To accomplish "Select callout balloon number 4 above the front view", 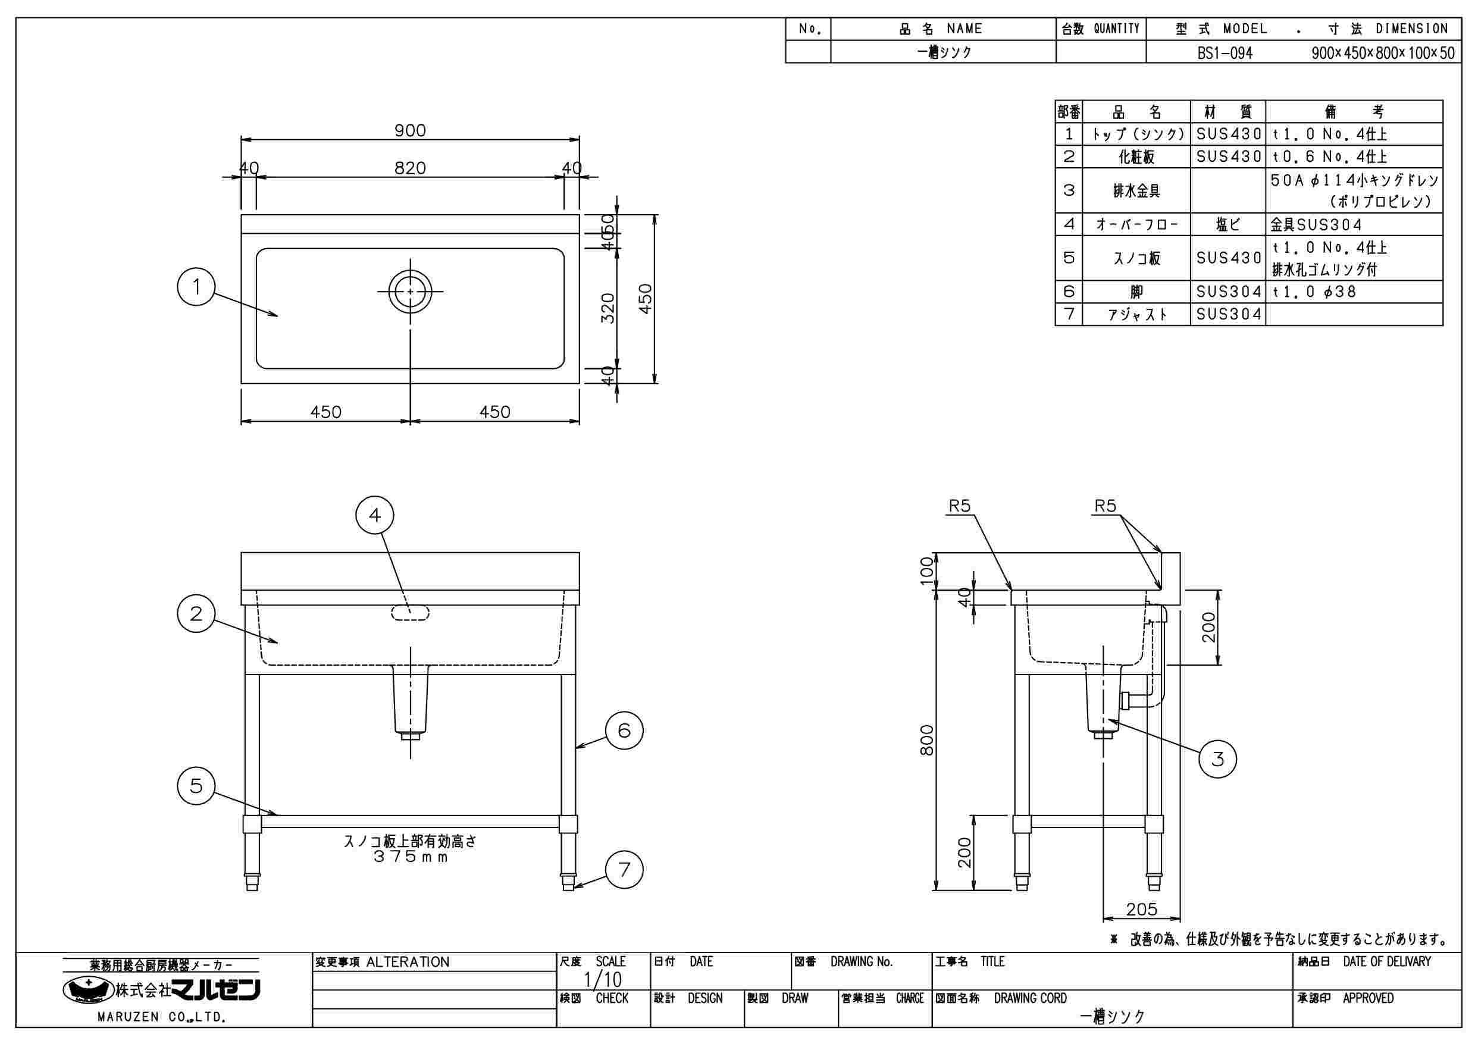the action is click(375, 515).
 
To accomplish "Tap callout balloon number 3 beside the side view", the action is click(1217, 759).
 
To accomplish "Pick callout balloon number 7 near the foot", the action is click(624, 870).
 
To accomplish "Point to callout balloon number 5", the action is click(196, 785).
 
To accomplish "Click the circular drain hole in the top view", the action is click(410, 291).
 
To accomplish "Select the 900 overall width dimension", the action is click(410, 131).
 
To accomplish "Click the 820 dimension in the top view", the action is click(410, 168).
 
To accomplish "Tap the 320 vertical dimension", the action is click(608, 308).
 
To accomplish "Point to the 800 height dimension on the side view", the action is click(926, 740).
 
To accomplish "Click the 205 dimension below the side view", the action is click(1141, 909).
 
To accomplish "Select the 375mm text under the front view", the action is click(410, 857).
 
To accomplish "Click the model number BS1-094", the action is click(1225, 53).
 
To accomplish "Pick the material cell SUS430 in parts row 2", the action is click(1228, 156).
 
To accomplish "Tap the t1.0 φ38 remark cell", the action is click(1314, 291).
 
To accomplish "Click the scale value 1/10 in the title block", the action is click(603, 979).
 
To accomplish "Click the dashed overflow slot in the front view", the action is click(410, 613).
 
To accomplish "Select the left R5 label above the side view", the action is click(959, 506).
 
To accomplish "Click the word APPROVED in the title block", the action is click(1368, 998).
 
